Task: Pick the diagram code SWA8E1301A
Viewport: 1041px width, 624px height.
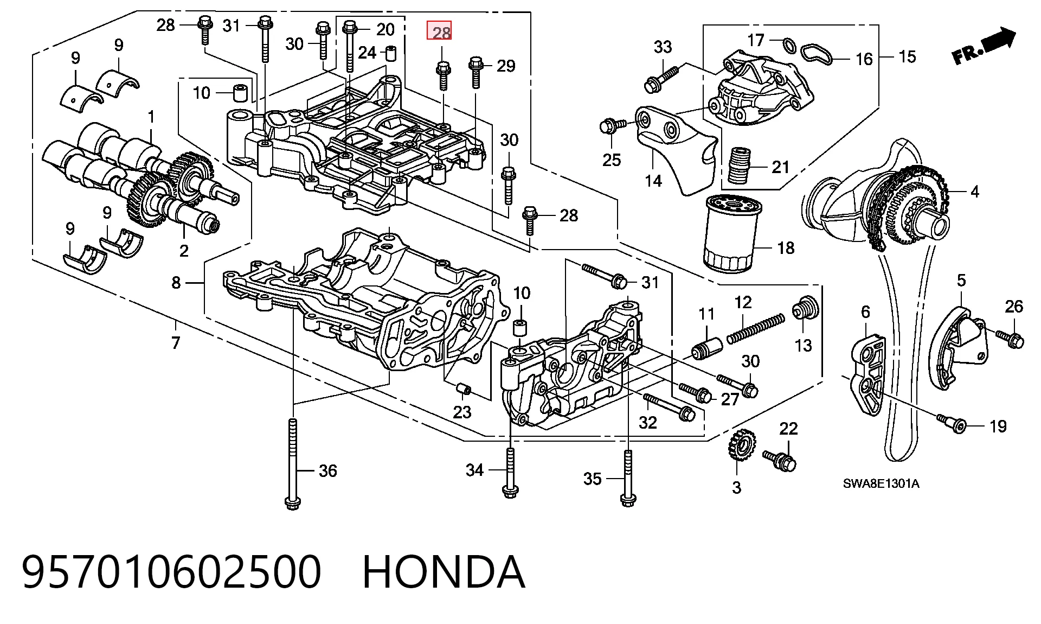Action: (x=881, y=483)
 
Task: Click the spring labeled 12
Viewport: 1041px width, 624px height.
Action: (x=755, y=328)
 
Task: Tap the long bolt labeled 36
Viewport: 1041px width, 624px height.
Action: (x=293, y=464)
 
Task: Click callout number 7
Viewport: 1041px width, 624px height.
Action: (x=175, y=342)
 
